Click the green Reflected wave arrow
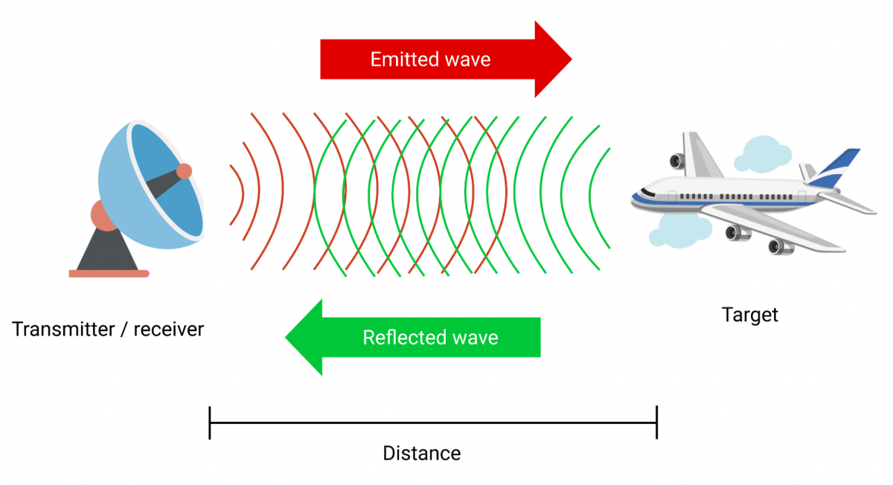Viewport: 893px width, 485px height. (x=414, y=338)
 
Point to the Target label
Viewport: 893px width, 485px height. (x=750, y=315)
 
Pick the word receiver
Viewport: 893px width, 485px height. (x=168, y=329)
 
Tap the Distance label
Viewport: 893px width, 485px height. (x=422, y=453)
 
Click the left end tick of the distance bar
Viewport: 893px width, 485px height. (x=211, y=423)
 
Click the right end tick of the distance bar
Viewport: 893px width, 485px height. (x=656, y=423)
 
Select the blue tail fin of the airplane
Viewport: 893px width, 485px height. (x=837, y=167)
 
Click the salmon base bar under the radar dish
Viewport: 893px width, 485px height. (x=109, y=274)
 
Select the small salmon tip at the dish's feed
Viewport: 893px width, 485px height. (x=184, y=171)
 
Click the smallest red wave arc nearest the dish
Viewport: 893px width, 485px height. (x=238, y=194)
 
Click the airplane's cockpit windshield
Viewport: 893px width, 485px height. (x=644, y=193)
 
